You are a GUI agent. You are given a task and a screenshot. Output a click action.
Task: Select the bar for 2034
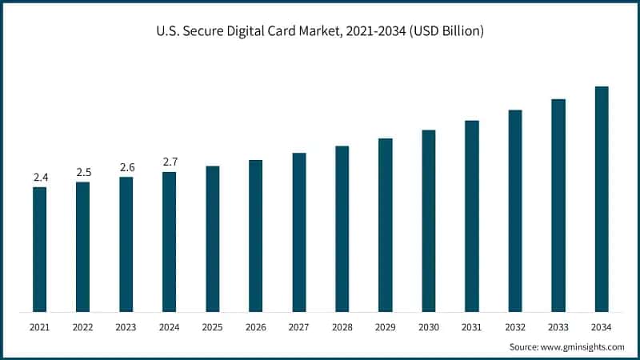coord(602,199)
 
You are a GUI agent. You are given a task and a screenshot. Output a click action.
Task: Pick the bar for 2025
coord(212,239)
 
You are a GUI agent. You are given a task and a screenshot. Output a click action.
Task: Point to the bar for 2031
coord(472,216)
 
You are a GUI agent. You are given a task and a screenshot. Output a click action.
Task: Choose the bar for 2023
coord(126,244)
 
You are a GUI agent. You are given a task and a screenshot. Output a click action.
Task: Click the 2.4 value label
coord(39,177)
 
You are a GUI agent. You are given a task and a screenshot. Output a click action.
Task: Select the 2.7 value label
coord(170,162)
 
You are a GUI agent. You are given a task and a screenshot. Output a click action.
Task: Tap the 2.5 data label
coord(83,172)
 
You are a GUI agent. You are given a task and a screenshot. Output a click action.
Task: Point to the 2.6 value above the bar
coord(126,167)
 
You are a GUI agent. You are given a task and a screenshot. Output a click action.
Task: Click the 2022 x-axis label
coord(83,327)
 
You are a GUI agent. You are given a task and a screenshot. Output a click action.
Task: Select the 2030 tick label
coord(429,327)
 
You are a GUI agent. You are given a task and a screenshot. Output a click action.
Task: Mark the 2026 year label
coord(256,327)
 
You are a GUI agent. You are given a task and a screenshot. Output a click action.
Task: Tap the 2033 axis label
coord(558,327)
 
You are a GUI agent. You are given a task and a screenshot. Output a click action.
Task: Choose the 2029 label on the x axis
coord(386,327)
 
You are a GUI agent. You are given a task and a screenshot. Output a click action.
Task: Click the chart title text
coord(320,31)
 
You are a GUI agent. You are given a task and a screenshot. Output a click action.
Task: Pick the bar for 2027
coord(299,232)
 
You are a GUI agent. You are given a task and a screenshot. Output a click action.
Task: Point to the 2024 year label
coord(170,327)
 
